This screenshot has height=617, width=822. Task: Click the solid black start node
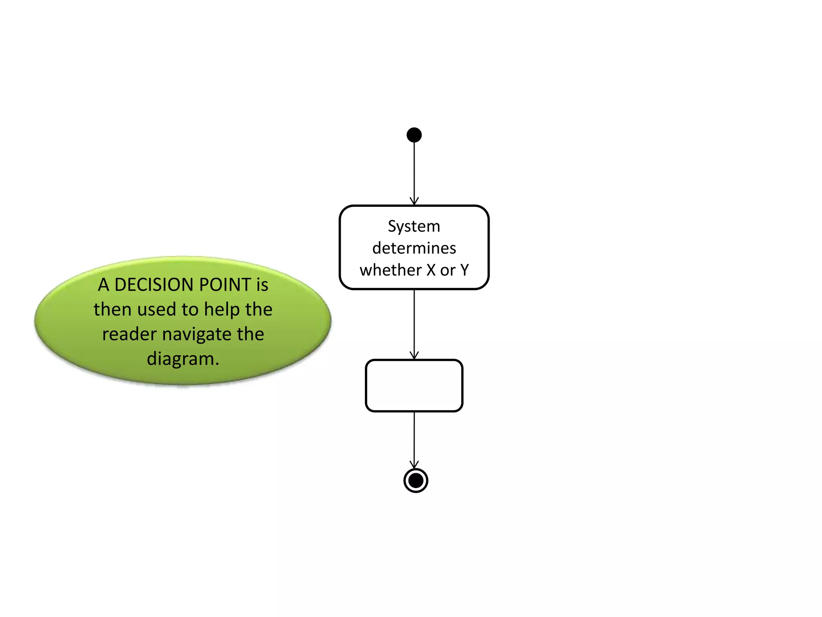click(x=414, y=135)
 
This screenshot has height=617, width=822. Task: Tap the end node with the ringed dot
click(x=415, y=480)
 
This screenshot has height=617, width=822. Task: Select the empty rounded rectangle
click(x=414, y=386)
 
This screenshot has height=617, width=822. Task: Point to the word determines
click(x=414, y=248)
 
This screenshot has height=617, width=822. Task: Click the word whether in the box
click(x=390, y=270)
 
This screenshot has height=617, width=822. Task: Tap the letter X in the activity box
click(x=431, y=270)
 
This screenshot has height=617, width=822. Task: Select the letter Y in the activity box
click(x=464, y=270)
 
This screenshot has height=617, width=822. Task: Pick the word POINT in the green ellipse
click(x=225, y=285)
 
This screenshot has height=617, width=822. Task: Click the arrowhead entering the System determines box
click(x=414, y=201)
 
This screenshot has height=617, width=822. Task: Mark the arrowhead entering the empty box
click(x=414, y=355)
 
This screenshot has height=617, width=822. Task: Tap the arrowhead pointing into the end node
click(x=414, y=464)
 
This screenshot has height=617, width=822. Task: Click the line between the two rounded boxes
click(x=414, y=321)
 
